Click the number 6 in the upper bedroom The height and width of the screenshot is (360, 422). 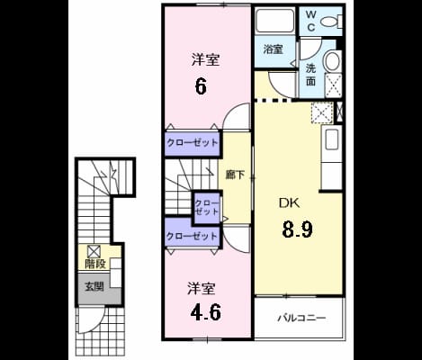pyautogui.click(x=201, y=86)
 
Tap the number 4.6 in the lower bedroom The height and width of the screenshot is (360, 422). pyautogui.click(x=206, y=312)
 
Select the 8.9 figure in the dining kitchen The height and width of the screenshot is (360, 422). pyautogui.click(x=297, y=229)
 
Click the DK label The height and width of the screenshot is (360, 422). pyautogui.click(x=289, y=203)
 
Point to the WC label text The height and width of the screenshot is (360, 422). pyautogui.click(x=311, y=21)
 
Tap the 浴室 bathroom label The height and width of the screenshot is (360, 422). pyautogui.click(x=273, y=49)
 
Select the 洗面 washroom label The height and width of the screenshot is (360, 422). pyautogui.click(x=310, y=75)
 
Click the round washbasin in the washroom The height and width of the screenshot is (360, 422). pyautogui.click(x=332, y=61)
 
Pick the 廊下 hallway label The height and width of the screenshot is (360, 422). pyautogui.click(x=236, y=175)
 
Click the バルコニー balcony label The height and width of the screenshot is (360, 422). pyautogui.click(x=301, y=318)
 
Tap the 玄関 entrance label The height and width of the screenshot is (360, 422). pyautogui.click(x=94, y=287)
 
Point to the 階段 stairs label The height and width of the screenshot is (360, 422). pyautogui.click(x=95, y=264)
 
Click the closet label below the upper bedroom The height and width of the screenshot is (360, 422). pyautogui.click(x=192, y=142)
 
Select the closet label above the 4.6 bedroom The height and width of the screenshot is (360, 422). pyautogui.click(x=192, y=236)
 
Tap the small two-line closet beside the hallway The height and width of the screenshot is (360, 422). pyautogui.click(x=207, y=208)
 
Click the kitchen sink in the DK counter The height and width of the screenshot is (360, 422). pyautogui.click(x=331, y=140)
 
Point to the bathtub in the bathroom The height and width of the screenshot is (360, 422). pyautogui.click(x=275, y=21)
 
